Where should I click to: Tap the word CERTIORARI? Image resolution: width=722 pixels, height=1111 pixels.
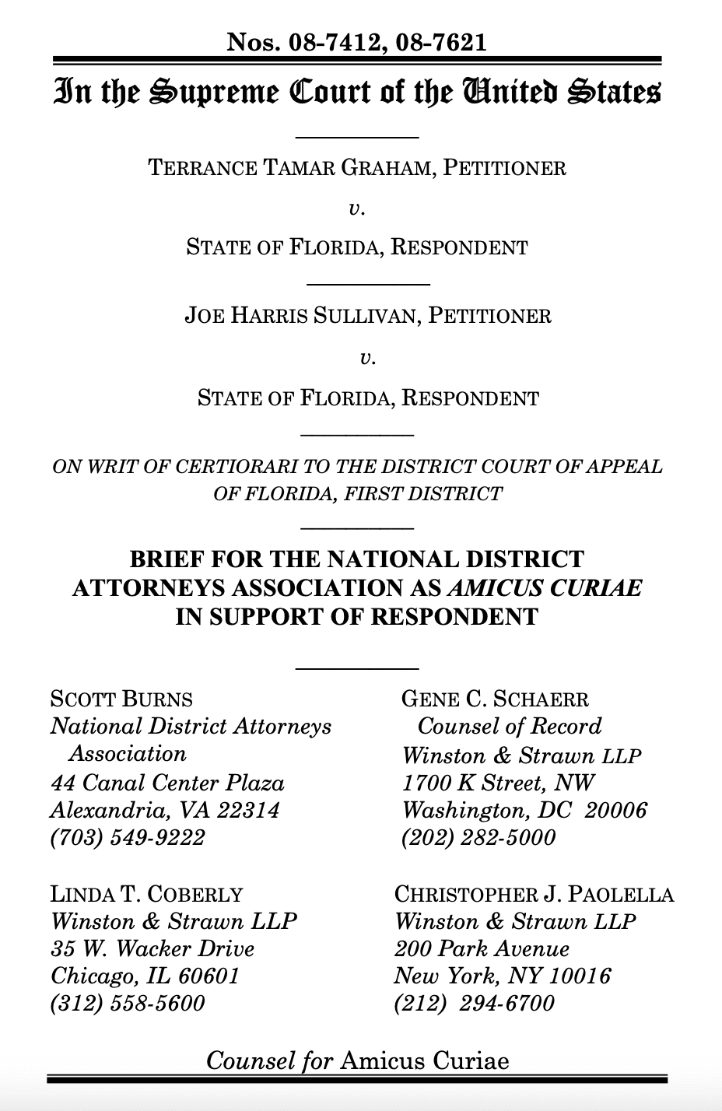click(x=254, y=467)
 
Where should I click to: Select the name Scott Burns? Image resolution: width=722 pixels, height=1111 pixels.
click(x=121, y=699)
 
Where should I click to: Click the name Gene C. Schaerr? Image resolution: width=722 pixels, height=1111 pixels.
click(x=495, y=699)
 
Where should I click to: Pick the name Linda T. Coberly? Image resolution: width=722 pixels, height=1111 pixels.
click(x=146, y=894)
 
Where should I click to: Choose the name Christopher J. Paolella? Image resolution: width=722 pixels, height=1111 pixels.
click(x=534, y=894)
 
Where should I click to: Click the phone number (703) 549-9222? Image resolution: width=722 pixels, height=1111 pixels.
click(x=128, y=837)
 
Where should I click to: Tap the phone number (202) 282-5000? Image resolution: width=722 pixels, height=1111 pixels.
click(x=478, y=837)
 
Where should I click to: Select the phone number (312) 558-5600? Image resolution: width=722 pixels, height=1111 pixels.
click(x=128, y=1003)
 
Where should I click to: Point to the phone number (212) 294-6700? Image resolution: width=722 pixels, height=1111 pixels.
click(x=475, y=1003)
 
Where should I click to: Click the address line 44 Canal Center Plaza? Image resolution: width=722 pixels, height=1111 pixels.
click(x=167, y=783)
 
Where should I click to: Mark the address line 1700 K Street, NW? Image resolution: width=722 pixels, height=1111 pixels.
click(x=498, y=783)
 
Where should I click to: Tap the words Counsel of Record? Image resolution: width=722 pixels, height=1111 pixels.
click(x=510, y=727)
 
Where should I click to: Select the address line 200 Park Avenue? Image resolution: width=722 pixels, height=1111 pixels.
click(x=482, y=949)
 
